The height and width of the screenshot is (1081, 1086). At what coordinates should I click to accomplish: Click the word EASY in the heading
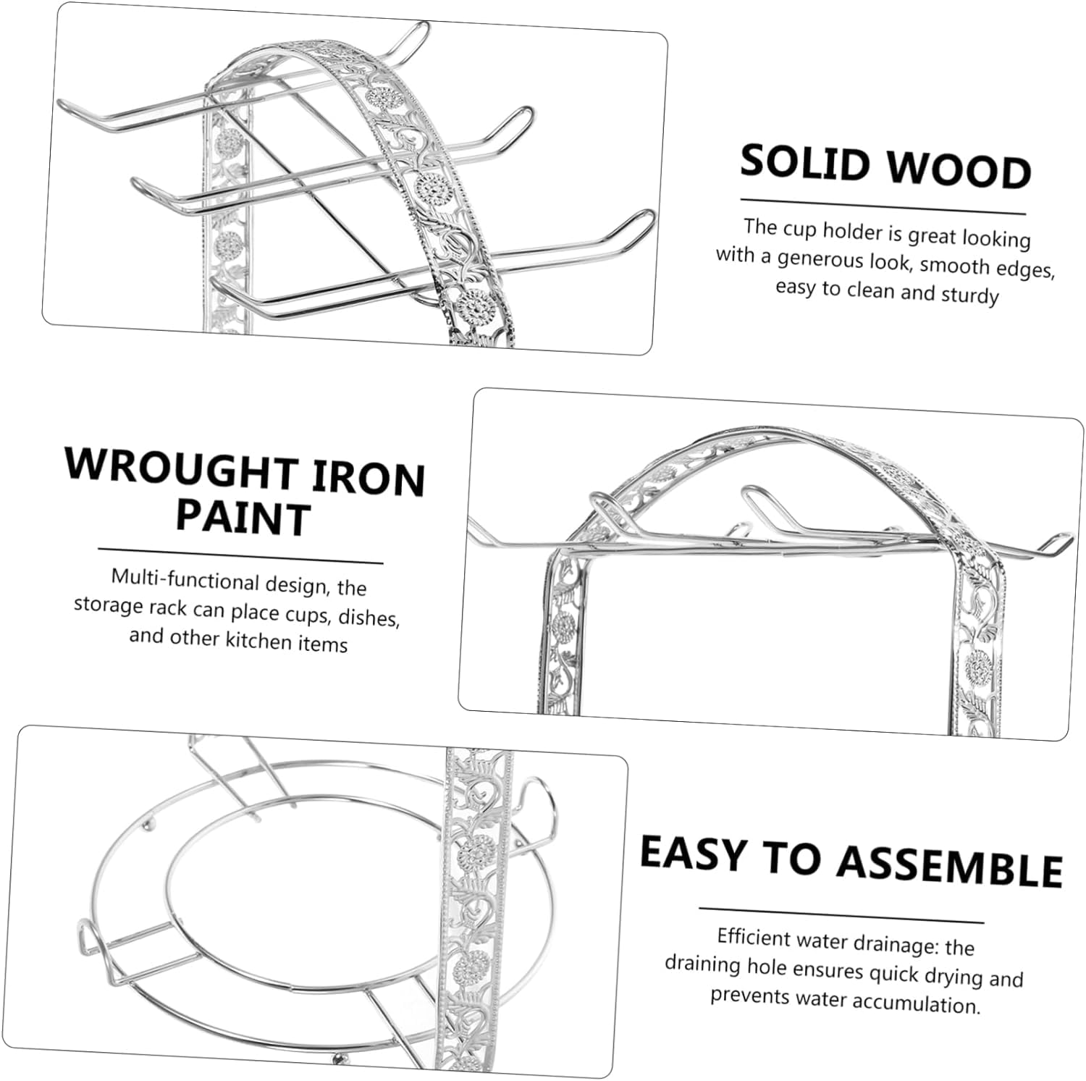coord(693,852)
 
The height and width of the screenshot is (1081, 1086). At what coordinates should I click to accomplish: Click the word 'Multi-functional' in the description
coord(185,580)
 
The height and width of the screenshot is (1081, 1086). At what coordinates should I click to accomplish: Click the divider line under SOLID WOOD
coord(883,206)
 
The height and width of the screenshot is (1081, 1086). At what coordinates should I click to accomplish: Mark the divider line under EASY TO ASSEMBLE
coord(841,915)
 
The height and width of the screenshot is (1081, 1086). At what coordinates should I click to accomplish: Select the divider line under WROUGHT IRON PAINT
coord(240,555)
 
